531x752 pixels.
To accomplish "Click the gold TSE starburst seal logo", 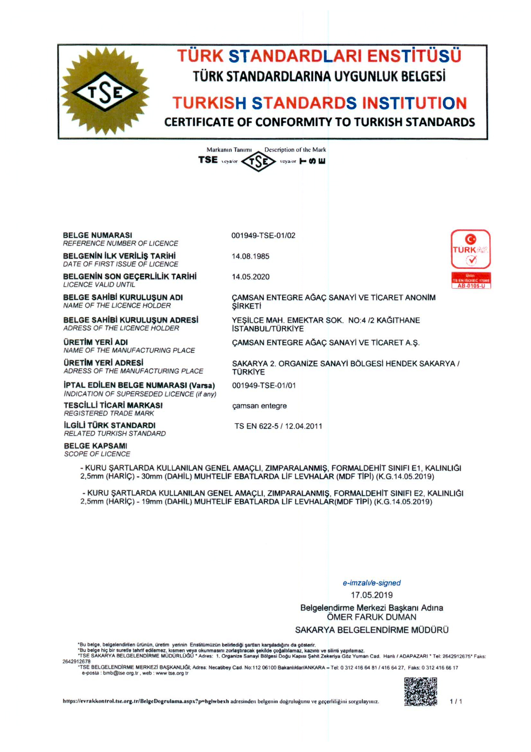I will tap(105, 91).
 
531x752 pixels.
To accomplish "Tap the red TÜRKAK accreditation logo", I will tap(470, 249).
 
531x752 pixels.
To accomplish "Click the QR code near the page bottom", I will tap(421, 691).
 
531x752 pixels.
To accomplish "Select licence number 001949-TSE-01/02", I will tap(263, 236).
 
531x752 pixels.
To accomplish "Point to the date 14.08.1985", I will tap(250, 256).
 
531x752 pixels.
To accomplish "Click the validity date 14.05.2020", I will tap(250, 277).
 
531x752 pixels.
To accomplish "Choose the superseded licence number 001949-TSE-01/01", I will tap(264, 386).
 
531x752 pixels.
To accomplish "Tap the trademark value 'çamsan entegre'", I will tap(259, 406).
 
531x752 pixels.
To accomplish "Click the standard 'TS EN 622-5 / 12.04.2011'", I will tap(278, 426).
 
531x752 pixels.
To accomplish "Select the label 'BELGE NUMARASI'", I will tap(97, 235).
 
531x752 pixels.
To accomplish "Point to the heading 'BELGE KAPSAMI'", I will tap(96, 446).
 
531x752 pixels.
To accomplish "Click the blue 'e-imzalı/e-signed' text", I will tap(371, 583).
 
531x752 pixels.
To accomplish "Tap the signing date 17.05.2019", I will tap(372, 595).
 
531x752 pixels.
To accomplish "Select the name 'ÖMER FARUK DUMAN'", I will tap(371, 617).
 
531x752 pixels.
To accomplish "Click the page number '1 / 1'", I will tap(456, 702).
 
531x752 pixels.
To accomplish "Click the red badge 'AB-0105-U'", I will tap(471, 286).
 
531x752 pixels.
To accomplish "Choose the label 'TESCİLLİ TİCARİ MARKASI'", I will tap(113, 405).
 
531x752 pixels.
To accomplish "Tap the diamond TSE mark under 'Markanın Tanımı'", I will tap(258, 162).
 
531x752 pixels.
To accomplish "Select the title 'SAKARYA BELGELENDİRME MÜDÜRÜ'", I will tap(371, 630).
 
